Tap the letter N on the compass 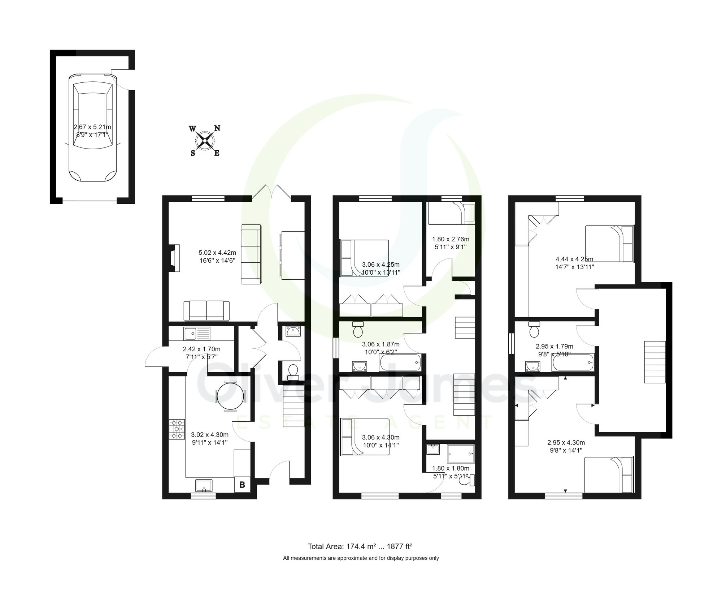point(217,128)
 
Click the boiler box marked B point(242,485)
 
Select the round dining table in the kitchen point(230,396)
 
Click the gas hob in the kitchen point(177,429)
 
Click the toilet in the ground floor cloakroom point(293,371)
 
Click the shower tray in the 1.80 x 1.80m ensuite point(460,454)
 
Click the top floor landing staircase point(655,362)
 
